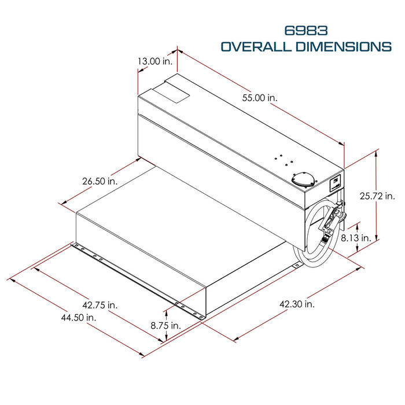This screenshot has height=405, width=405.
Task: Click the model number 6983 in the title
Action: pyautogui.click(x=306, y=31)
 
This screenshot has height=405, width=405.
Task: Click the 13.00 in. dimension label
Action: pyautogui.click(x=154, y=61)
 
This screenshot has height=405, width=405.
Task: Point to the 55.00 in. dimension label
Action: pyautogui.click(x=260, y=98)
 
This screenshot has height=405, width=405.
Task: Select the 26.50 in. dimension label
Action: pyautogui.click(x=100, y=181)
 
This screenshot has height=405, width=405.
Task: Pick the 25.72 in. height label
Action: pyautogui.click(x=377, y=196)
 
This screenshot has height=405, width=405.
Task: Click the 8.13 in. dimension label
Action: pyautogui.click(x=356, y=238)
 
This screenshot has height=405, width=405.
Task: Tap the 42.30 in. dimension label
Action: pyautogui.click(x=297, y=304)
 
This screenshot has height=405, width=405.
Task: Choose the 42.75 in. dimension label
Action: pyautogui.click(x=100, y=305)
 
